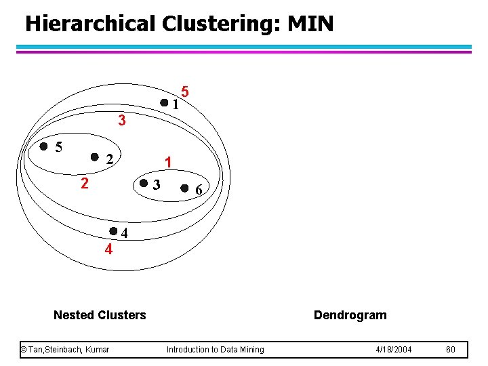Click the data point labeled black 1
(164, 103)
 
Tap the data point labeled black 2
(95, 157)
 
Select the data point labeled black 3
(144, 183)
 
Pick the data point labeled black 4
(114, 231)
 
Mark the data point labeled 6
(185, 188)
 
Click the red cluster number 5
(185, 91)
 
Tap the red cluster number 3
(121, 121)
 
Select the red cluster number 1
(167, 162)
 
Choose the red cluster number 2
(83, 184)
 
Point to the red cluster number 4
(108, 249)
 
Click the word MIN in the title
(310, 24)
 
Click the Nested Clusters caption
(100, 314)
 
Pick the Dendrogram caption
(350, 314)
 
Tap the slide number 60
(451, 350)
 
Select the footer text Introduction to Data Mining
(216, 350)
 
